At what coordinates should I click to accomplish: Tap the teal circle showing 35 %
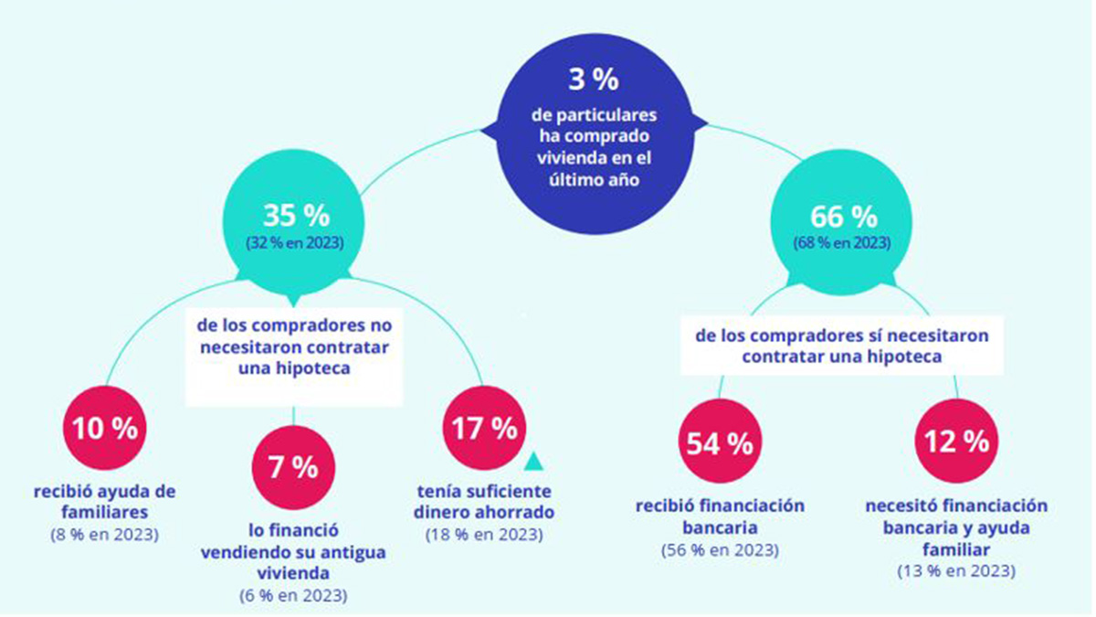tap(296, 225)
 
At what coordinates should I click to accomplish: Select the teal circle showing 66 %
tap(843, 225)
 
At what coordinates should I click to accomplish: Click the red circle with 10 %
tap(104, 430)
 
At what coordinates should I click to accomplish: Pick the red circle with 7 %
tap(293, 469)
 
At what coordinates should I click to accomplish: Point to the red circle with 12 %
tap(956, 442)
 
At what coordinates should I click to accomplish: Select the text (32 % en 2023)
tap(296, 244)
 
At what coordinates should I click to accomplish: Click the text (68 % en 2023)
tap(843, 244)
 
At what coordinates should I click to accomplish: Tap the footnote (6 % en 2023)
tap(293, 595)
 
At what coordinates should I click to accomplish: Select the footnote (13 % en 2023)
tap(956, 571)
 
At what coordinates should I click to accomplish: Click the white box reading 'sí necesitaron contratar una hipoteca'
tap(841, 346)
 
